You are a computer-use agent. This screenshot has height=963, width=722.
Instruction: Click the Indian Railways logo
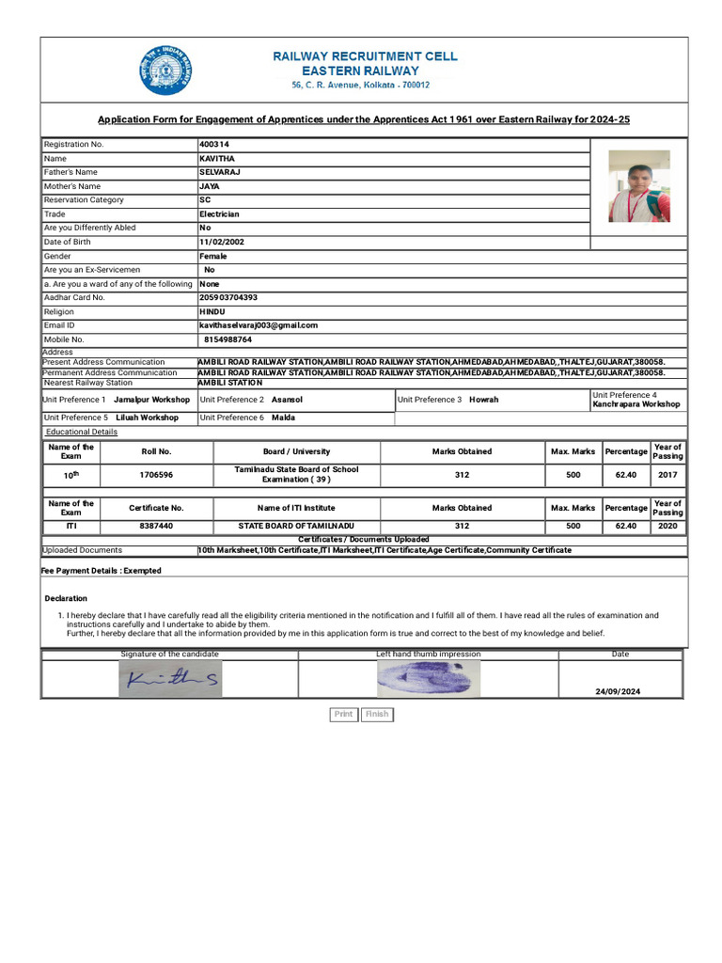coord(166,71)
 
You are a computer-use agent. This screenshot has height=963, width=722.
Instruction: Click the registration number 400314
coord(214,145)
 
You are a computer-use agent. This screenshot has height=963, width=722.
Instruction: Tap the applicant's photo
coord(639,186)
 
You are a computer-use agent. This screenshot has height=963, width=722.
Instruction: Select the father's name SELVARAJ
coord(214,173)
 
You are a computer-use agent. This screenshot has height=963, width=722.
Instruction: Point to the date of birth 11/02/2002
coord(222,242)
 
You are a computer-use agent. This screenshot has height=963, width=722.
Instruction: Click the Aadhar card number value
coord(228,297)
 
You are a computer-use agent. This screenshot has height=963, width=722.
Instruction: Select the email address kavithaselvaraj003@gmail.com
coord(259,325)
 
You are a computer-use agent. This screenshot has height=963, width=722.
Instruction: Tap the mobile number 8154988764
coord(228,339)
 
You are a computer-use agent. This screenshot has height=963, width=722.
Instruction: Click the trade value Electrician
coord(219,214)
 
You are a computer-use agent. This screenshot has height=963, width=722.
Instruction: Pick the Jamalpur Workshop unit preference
coord(151,400)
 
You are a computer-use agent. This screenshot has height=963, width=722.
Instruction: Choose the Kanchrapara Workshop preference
coord(636,404)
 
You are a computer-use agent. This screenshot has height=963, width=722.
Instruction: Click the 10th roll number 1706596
coord(156,475)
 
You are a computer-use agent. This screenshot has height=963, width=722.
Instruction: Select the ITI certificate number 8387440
coord(156,527)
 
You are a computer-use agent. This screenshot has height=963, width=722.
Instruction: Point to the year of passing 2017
coord(667,475)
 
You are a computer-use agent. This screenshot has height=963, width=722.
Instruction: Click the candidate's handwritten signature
coord(171,678)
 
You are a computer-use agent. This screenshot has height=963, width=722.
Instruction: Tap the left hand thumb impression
coord(428,677)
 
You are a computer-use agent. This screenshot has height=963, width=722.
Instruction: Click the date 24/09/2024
coord(618,691)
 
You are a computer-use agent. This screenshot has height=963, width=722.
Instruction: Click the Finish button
coord(377,715)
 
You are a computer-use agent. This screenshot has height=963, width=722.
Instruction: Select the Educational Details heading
coord(82,432)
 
